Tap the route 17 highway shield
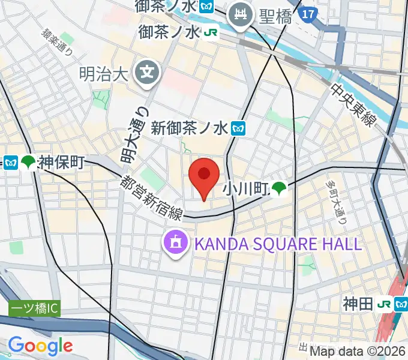pyautogui.click(x=308, y=13)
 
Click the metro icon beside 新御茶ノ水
pyautogui.click(x=239, y=128)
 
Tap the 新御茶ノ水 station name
pyautogui.click(x=190, y=128)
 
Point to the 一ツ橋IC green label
pyautogui.click(x=34, y=310)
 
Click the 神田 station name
pyautogui.click(x=359, y=304)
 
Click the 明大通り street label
pyautogui.click(x=133, y=136)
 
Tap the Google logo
pyautogui.click(x=40, y=345)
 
